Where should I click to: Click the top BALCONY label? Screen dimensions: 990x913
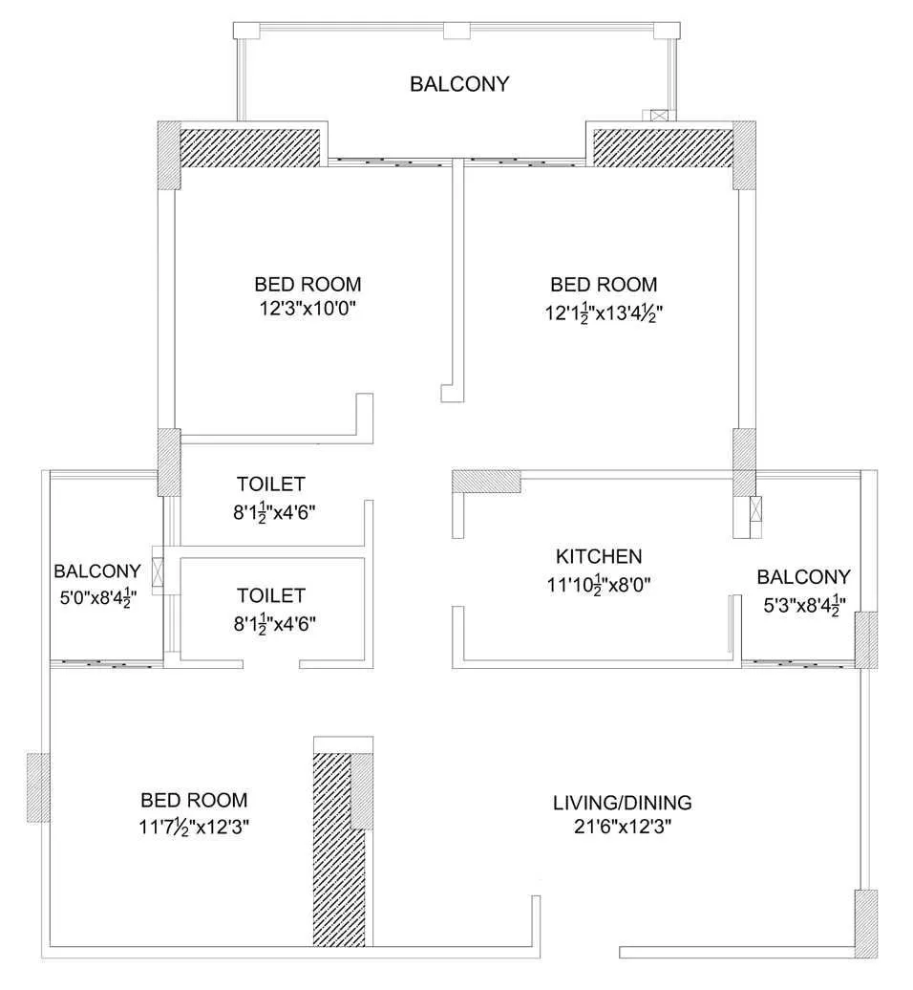[459, 84]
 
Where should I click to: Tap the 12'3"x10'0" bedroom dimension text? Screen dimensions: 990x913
[308, 308]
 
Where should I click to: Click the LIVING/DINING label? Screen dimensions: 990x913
[622, 803]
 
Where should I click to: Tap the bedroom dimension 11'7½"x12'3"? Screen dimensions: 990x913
[194, 825]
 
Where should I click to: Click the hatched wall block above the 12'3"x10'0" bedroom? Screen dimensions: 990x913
[252, 144]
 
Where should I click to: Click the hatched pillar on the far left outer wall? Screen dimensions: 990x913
[37, 786]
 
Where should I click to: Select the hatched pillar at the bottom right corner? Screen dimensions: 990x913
[865, 922]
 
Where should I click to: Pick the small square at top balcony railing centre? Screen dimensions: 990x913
[456, 31]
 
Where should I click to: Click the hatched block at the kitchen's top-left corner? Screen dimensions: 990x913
[485, 481]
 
